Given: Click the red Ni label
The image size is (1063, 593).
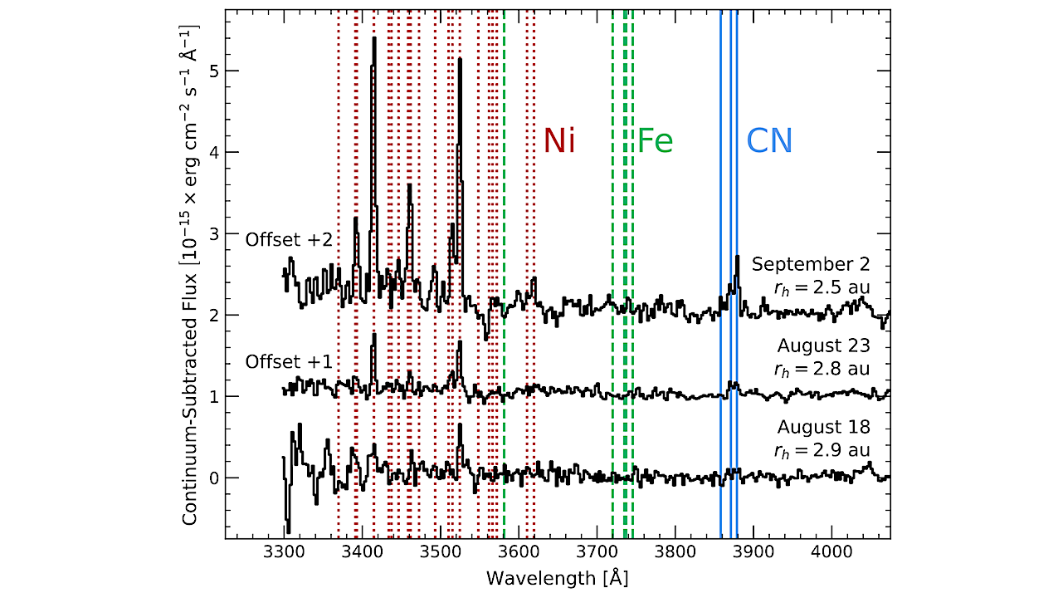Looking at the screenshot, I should click(559, 141).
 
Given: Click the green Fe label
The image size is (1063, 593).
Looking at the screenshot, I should click(655, 141).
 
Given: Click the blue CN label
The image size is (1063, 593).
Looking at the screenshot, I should click(769, 141).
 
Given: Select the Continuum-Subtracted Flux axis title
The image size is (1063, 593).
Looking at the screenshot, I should click(190, 274).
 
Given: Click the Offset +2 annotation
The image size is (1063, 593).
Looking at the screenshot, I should click(289, 239).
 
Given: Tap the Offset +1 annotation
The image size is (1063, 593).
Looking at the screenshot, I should click(289, 362).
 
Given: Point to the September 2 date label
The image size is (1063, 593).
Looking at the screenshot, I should click(811, 264).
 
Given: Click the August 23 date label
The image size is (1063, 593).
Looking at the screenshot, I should click(823, 345).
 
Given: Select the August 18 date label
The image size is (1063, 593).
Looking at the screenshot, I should click(823, 427).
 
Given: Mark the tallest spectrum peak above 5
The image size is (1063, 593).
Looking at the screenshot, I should click(374, 40).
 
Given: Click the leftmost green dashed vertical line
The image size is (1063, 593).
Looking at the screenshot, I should click(504, 332).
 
